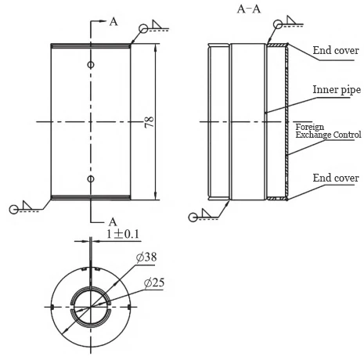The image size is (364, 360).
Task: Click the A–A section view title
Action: [x=249, y=9]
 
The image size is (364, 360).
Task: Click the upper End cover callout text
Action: [x=336, y=51]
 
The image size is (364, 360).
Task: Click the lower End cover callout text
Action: [x=336, y=178]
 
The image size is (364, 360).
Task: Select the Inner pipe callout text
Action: [x=336, y=89]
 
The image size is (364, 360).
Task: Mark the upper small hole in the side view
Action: [x=91, y=64]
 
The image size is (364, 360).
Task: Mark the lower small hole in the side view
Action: [x=91, y=179]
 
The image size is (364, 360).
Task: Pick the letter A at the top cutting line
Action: [x=114, y=22]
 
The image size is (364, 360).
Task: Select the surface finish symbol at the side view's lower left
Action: [x=20, y=207]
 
